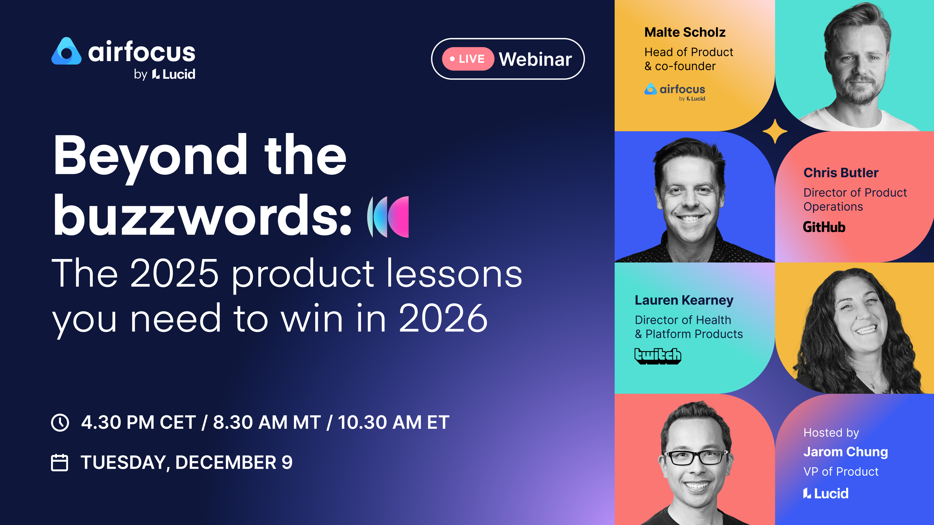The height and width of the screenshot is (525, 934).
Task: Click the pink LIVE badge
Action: pos(467,59)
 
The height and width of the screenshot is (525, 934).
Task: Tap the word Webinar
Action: pos(535,59)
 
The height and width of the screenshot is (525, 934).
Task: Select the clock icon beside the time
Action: pos(60,422)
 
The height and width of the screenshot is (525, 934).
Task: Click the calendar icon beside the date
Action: pos(60,463)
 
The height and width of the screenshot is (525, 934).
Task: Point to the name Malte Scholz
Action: pos(684,32)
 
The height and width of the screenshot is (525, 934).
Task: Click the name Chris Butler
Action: pos(841,173)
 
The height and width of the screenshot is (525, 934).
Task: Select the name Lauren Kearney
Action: pos(684,300)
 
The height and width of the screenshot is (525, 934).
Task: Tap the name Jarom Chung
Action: pos(845,452)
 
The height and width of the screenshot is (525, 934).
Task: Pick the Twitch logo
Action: pos(657,356)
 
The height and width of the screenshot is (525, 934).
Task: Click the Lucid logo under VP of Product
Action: pos(826,493)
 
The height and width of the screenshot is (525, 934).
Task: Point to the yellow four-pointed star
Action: pos(775,131)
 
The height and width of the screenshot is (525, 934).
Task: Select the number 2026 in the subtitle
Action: pos(443,318)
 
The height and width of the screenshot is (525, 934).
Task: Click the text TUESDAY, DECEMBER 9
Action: pos(187,462)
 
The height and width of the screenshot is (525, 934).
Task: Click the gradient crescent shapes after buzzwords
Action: pos(388,217)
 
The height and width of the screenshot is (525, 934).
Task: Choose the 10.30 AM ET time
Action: pos(393,422)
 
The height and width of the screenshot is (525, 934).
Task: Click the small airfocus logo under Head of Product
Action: pos(675,91)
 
